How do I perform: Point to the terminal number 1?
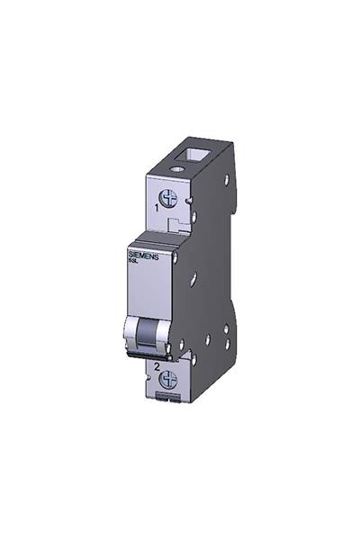157,208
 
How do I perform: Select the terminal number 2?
157,367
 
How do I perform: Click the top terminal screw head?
167,197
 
